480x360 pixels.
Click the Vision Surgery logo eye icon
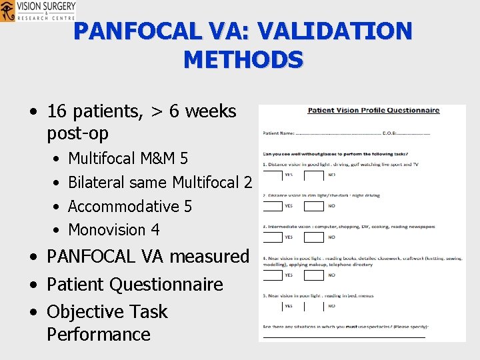click(x=7, y=11)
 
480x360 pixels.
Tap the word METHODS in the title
click(x=243, y=60)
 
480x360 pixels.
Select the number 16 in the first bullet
click(x=59, y=111)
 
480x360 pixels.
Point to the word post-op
click(x=77, y=133)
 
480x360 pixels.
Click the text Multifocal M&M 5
click(x=128, y=159)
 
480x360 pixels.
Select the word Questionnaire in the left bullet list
click(x=166, y=285)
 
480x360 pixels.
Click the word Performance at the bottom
click(x=99, y=334)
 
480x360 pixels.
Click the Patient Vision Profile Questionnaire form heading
click(x=373, y=111)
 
